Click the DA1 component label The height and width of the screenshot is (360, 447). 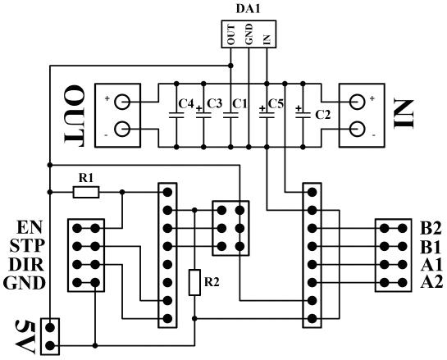tap(248, 9)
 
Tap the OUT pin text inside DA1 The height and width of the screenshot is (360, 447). tap(231, 34)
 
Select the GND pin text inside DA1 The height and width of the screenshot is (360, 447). tap(249, 34)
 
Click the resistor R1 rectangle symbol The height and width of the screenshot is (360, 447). tap(86, 192)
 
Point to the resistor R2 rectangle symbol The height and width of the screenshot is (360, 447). tap(194, 282)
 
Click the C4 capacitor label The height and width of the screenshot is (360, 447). tap(186, 104)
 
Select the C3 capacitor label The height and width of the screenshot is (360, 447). tap(214, 104)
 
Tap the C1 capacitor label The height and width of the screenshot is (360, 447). tap(240, 104)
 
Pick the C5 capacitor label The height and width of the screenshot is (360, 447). tap(276, 104)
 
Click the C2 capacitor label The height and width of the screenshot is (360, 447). tap(323, 115)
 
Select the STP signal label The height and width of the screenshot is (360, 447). tap(27, 246)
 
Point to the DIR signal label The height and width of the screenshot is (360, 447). tap(26, 265)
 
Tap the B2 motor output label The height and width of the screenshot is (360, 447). tap(431, 228)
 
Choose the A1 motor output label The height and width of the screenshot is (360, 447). tap(431, 264)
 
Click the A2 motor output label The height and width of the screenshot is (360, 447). tap(431, 282)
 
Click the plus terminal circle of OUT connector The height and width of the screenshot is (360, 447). tap(122, 102)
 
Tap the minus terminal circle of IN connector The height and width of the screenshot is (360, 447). tap(357, 129)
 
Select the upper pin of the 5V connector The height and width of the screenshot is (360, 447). tap(50, 327)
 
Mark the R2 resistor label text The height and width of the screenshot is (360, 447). tap(212, 282)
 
